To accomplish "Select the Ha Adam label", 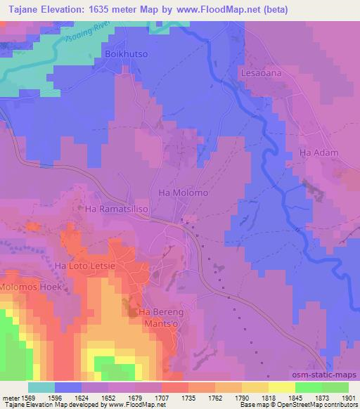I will click(x=319, y=152).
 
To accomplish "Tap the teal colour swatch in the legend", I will click(x=41, y=387).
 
